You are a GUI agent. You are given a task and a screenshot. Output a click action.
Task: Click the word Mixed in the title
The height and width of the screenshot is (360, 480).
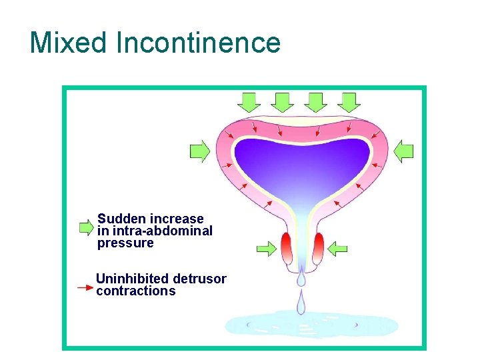click(x=69, y=43)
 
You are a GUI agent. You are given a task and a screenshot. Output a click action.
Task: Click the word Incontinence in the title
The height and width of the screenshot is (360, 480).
click(x=198, y=43)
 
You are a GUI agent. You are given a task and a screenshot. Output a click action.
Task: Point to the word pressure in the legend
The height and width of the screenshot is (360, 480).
click(x=125, y=243)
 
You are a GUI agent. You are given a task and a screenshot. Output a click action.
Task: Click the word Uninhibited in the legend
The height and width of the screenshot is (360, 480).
click(x=131, y=279)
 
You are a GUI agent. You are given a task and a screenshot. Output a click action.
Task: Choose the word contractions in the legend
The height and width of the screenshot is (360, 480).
click(x=136, y=291)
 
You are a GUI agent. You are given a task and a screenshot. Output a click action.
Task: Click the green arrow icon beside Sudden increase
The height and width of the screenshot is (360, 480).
click(x=86, y=227)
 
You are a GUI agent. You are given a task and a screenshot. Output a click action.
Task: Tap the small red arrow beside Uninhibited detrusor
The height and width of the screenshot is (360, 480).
click(x=85, y=287)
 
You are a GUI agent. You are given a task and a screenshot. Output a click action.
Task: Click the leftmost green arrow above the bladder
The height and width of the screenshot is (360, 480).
click(x=249, y=102)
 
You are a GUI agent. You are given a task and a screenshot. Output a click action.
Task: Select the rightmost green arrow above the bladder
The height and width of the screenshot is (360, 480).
click(x=349, y=102)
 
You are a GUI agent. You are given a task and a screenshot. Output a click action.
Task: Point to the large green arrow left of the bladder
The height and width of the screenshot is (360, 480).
click(x=200, y=151)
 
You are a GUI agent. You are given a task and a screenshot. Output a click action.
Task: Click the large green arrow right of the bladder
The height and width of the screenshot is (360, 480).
click(x=403, y=151)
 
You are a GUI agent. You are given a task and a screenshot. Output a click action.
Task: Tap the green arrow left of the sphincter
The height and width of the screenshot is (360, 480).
click(x=267, y=249)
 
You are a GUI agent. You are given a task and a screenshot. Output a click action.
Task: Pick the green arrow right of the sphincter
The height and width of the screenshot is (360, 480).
click(x=337, y=249)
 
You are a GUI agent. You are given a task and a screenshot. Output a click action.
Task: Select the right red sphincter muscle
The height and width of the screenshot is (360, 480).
click(x=318, y=249)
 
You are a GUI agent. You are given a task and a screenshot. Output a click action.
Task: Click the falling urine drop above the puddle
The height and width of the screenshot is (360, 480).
click(x=301, y=304)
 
